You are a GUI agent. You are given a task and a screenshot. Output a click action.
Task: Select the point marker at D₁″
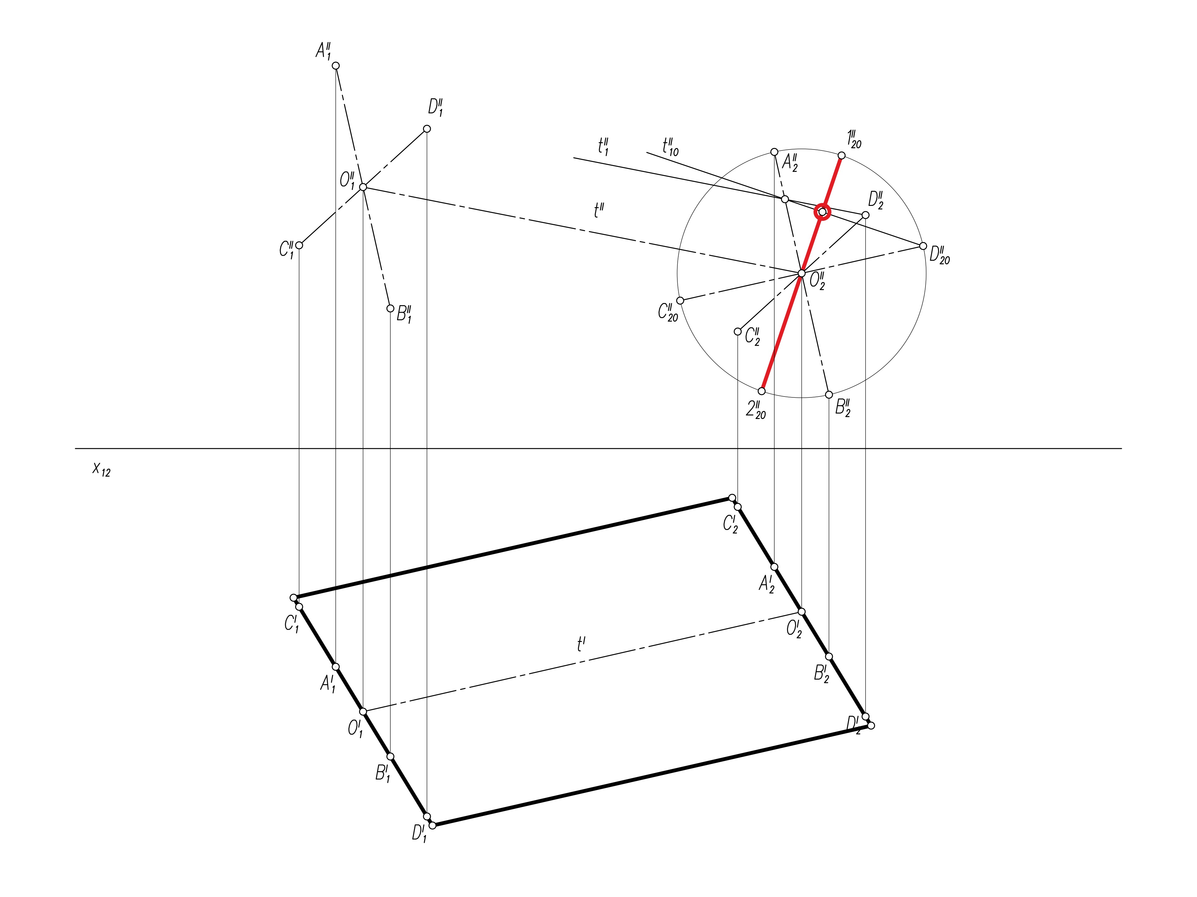coord(426,129)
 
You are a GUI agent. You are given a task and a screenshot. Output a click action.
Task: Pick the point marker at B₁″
coord(390,309)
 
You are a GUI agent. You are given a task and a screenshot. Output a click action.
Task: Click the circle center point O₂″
coord(801,273)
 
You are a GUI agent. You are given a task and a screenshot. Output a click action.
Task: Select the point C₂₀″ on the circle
coord(680,301)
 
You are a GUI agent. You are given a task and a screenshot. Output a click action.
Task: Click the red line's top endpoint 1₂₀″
coord(841,156)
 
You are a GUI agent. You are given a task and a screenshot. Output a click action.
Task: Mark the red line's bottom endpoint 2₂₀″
coord(762,391)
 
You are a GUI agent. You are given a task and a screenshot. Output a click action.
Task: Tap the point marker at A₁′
coord(335,667)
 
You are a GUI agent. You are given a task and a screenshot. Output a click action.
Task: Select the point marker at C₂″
coord(738,331)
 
